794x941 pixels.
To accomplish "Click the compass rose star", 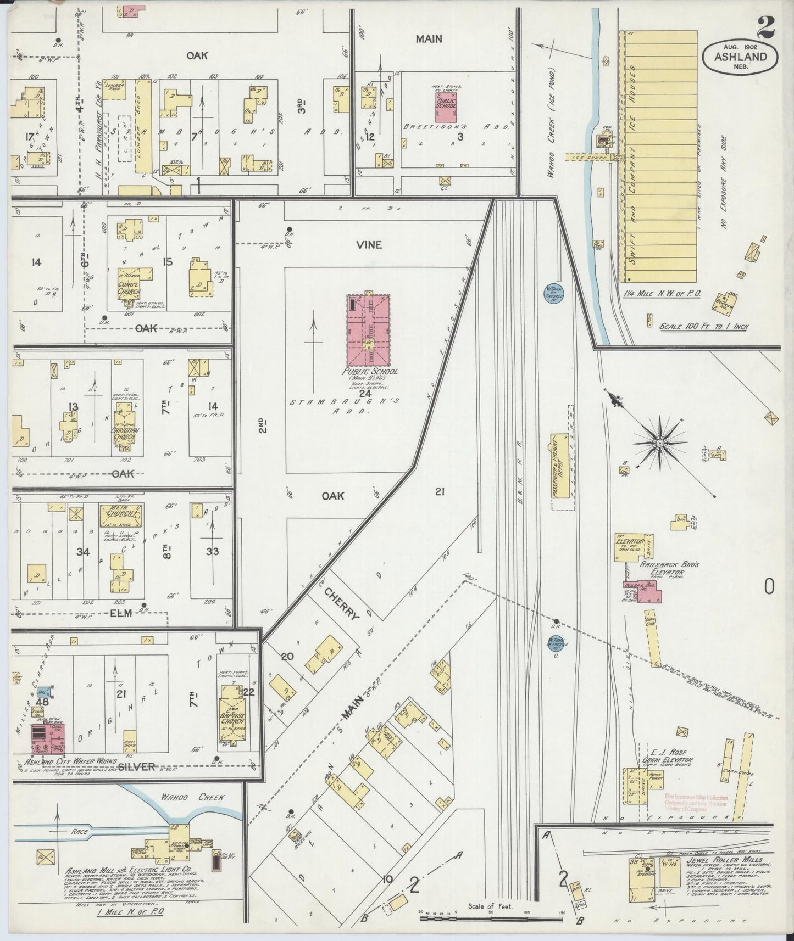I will [x=659, y=442].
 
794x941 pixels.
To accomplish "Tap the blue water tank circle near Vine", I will [x=551, y=293].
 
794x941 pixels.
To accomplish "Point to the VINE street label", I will [x=369, y=245].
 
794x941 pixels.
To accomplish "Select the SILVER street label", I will [x=136, y=767].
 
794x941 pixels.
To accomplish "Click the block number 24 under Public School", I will [x=365, y=393].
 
